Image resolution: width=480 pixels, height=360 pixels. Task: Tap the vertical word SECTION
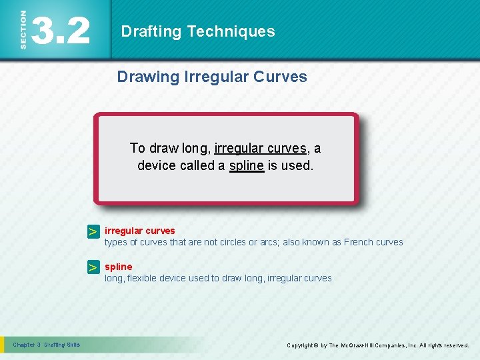click(23, 30)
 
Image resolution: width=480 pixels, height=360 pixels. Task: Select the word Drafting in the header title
click(152, 31)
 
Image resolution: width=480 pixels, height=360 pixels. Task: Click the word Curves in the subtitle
click(280, 77)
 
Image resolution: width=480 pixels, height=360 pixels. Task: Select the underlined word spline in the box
click(246, 165)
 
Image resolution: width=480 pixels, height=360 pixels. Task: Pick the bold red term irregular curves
click(139, 231)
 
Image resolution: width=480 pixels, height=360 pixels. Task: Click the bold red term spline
click(118, 267)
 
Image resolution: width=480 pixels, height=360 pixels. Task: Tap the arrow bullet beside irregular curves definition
click(94, 231)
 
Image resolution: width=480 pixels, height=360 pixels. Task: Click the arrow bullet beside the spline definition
click(94, 267)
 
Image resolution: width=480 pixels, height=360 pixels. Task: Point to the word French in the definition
click(359, 242)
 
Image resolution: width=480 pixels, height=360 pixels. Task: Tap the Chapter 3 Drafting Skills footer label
click(46, 345)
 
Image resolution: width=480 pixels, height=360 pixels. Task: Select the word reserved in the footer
click(453, 345)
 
